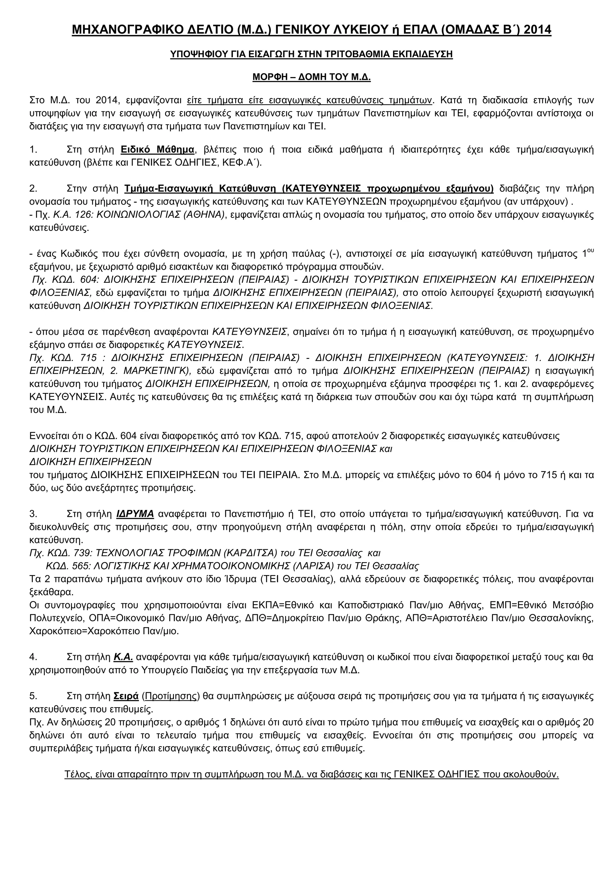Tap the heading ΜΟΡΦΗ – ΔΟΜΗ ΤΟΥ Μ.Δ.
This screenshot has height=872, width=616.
311,77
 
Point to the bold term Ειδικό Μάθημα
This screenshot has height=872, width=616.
157,150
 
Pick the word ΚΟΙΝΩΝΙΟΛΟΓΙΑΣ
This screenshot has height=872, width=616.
139,215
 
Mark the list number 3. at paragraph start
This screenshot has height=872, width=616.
33,514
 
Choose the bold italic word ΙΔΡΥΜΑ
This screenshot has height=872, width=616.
135,514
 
